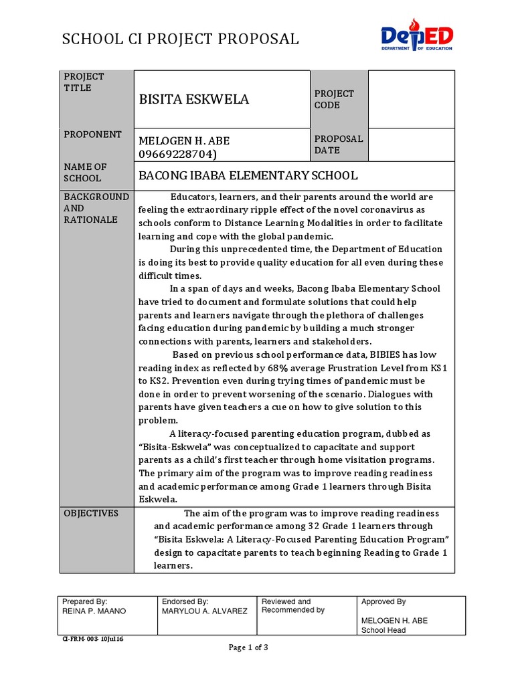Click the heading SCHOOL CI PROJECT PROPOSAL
point(180,39)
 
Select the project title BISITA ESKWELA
point(193,100)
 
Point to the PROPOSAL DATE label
point(339,144)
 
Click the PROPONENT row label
point(92,134)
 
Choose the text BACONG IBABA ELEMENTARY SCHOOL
point(248,176)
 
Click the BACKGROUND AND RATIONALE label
point(96,208)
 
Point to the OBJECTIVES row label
point(91,513)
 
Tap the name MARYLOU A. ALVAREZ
point(204,611)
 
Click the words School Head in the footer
point(383,630)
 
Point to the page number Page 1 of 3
point(248,648)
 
